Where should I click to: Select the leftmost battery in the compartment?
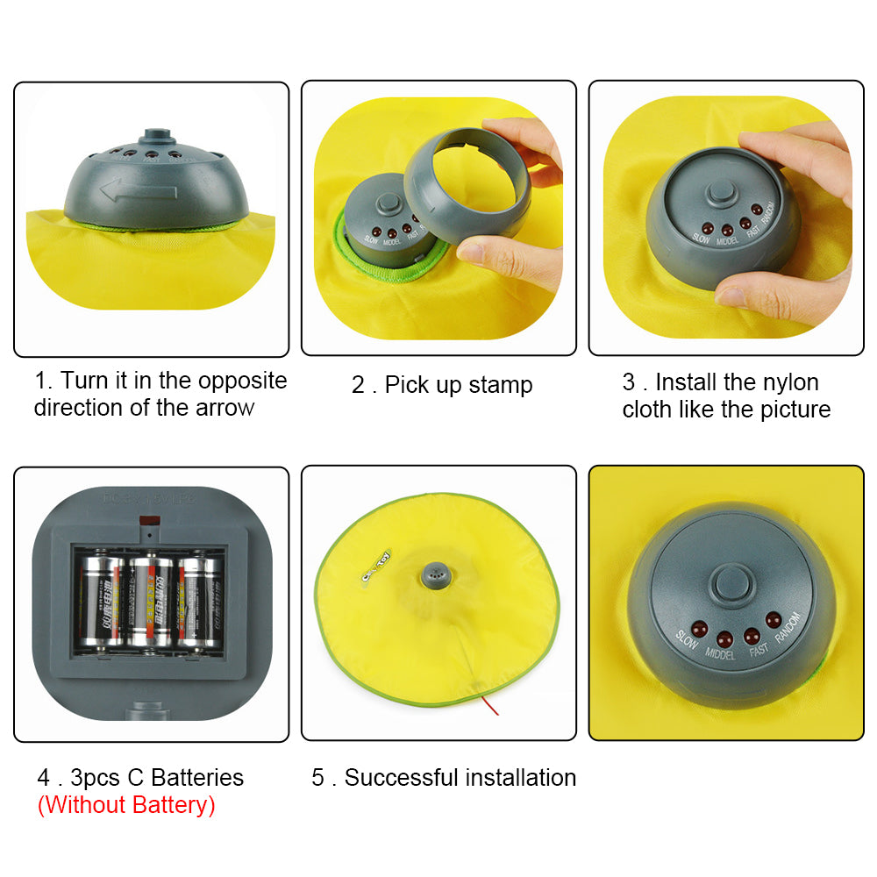click(100, 603)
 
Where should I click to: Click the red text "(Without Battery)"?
click(125, 805)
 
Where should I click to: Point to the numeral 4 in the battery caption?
click(43, 778)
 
